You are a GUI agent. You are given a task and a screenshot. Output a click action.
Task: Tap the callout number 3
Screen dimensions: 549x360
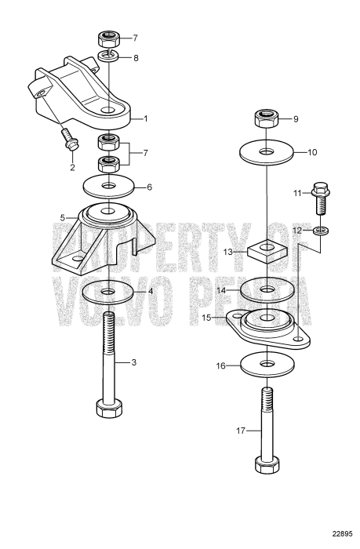tap(135, 362)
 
